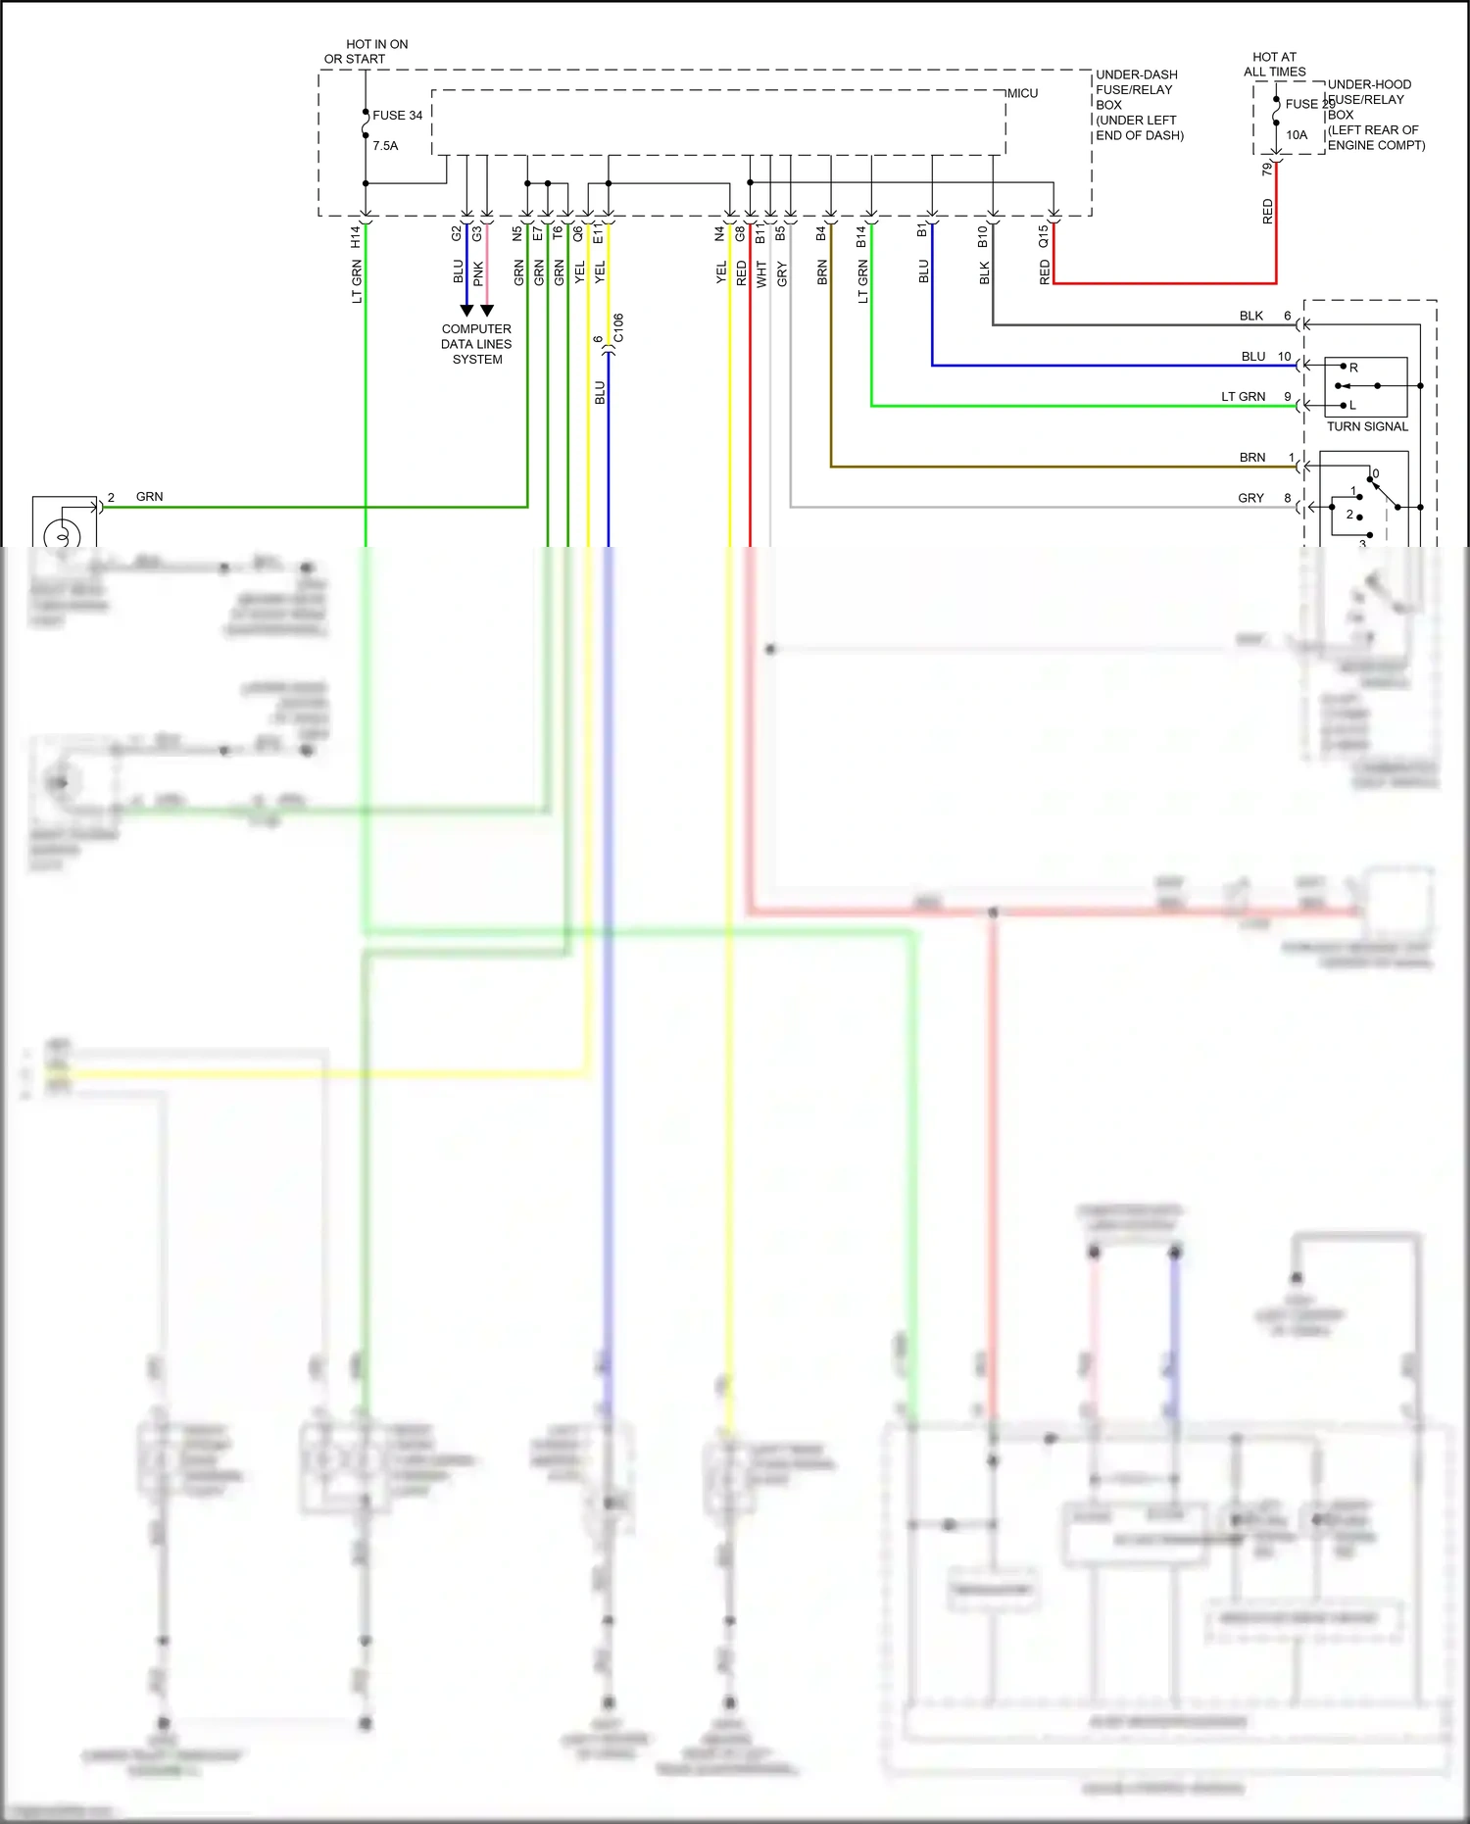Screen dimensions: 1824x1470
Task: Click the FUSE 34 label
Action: [397, 116]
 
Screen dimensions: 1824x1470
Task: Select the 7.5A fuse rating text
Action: [385, 146]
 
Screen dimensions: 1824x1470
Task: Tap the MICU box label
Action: [1022, 93]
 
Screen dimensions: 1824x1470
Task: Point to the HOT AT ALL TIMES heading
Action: [1274, 65]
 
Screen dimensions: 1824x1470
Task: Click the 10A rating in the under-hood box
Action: [1297, 135]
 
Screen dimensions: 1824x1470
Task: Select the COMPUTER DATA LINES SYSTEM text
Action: [476, 344]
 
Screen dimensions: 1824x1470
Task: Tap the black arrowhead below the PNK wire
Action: [487, 311]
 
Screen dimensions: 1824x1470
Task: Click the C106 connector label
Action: [618, 328]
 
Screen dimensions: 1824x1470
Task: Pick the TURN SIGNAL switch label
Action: [1367, 426]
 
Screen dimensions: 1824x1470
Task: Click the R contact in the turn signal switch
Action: [1353, 368]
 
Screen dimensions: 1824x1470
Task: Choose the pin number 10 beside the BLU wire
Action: [1284, 357]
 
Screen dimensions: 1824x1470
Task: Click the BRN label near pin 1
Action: [1251, 458]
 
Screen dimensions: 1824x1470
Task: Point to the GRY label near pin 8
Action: [1250, 498]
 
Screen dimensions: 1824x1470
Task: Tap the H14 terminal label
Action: [356, 236]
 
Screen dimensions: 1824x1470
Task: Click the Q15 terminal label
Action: [1044, 236]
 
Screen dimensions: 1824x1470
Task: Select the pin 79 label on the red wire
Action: [1267, 169]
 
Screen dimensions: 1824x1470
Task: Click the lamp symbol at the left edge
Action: [63, 534]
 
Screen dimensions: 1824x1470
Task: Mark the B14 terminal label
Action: [861, 236]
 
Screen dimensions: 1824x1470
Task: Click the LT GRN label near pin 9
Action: [1243, 397]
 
